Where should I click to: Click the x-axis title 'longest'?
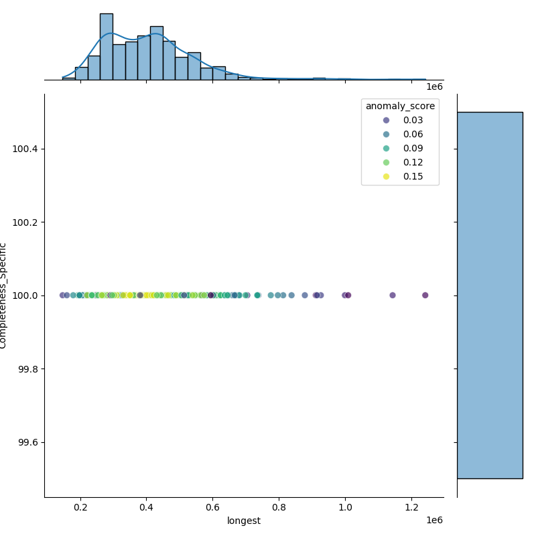tap(244, 521)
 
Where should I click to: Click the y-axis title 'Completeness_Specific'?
tap(4, 295)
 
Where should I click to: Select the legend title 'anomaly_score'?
tap(400, 106)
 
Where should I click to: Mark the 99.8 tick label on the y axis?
tap(27, 369)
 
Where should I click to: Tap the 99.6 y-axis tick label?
tap(27, 442)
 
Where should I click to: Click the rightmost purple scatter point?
tap(425, 295)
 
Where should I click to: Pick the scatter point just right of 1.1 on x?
tap(393, 295)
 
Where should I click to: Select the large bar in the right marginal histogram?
tap(490, 295)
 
